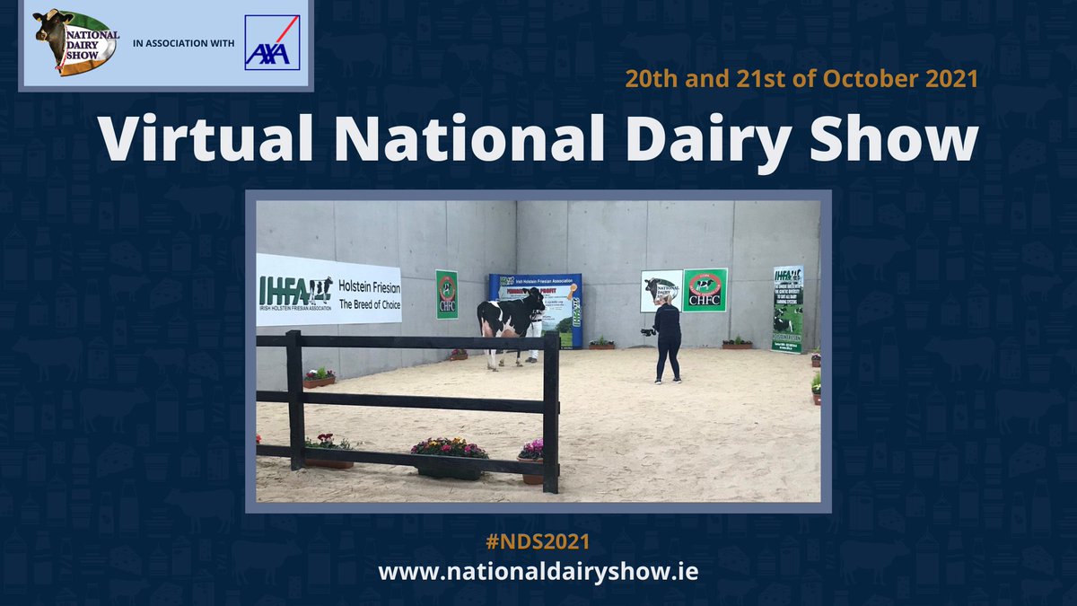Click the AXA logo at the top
pos(272,42)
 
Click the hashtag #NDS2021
pos(538,543)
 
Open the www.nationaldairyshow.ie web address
pos(538,572)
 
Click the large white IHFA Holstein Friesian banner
pos(328,289)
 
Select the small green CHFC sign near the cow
pos(446,294)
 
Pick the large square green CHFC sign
pos(705,290)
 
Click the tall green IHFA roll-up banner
pos(787,308)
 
